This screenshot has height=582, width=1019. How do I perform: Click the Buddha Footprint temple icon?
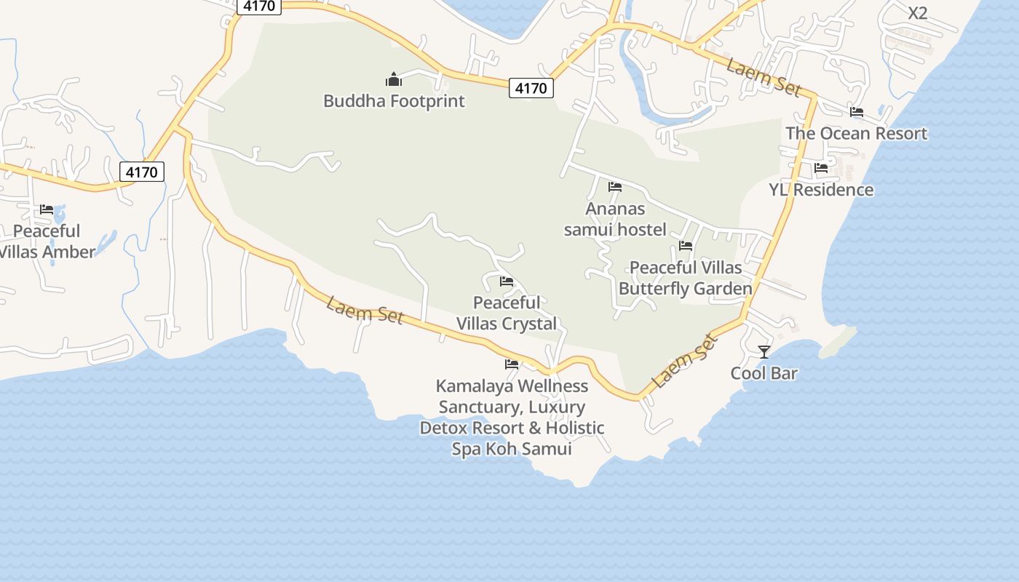tap(393, 79)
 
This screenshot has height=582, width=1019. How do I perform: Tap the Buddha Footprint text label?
tap(394, 100)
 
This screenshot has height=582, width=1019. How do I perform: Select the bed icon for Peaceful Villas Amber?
tap(47, 210)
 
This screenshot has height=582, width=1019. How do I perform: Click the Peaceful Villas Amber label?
tap(47, 242)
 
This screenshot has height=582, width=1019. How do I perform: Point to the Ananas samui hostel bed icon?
tap(615, 187)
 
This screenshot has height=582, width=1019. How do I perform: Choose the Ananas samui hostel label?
tap(615, 219)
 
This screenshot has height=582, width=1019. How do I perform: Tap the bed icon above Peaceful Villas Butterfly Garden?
tap(686, 246)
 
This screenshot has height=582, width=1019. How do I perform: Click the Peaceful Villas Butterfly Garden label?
tap(686, 278)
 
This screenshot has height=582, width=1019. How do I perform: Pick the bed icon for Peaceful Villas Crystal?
tap(507, 282)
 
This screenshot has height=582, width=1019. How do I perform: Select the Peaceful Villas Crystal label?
tap(507, 313)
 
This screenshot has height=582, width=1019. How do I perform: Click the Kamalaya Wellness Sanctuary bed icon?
tap(512, 364)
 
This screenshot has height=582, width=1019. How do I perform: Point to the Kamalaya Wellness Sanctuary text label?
tap(512, 417)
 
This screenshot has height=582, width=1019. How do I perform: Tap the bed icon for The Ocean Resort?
tap(857, 112)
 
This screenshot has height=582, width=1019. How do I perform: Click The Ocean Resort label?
tap(857, 133)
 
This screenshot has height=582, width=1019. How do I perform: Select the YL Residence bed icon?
tap(821, 168)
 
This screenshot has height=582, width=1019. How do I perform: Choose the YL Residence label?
tap(821, 190)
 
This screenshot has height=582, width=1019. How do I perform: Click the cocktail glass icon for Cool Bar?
tap(764, 352)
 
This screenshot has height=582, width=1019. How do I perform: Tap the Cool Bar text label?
tap(764, 373)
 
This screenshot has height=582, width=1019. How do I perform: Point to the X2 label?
tap(918, 13)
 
